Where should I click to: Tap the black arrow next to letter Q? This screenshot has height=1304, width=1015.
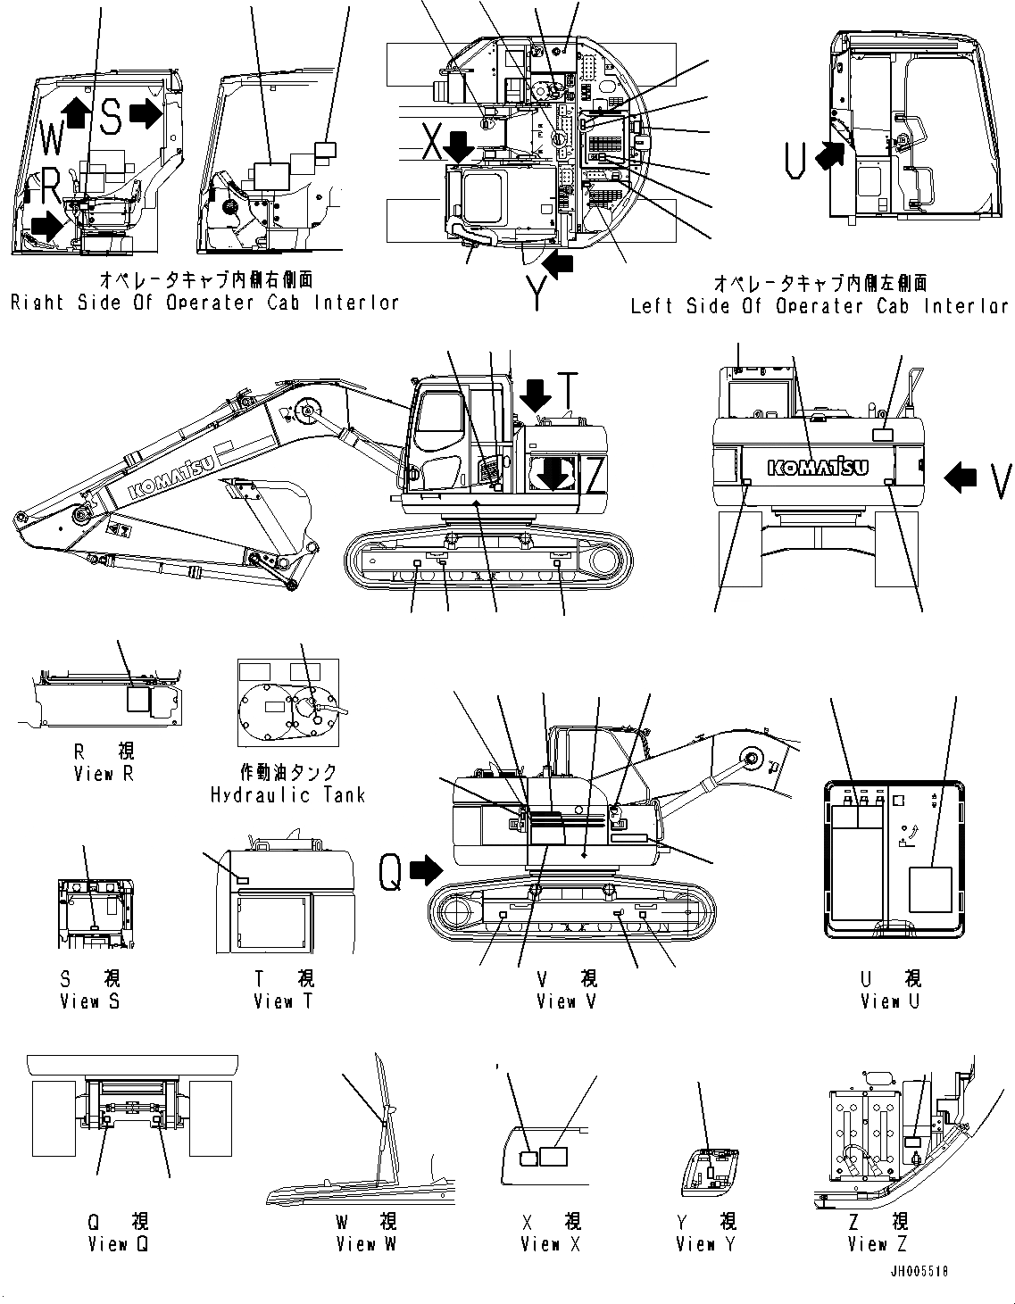pos(426,872)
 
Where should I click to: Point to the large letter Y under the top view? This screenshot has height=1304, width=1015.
pos(537,294)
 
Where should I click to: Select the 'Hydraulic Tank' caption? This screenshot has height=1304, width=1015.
pos(287,794)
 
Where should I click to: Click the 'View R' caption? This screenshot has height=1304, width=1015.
pos(104,774)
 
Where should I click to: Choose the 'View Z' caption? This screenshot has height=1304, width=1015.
pos(878,1243)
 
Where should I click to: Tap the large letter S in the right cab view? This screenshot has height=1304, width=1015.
pos(110,117)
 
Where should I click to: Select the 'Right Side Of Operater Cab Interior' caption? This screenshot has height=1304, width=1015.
pos(204,303)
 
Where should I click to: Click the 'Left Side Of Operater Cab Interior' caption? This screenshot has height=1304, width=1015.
pos(819,306)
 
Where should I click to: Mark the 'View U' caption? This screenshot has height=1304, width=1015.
pos(889,1001)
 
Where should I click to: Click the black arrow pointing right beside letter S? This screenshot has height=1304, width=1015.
pos(145,113)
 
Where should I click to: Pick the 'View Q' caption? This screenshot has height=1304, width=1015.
pos(118,1243)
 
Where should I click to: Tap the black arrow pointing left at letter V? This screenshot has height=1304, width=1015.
pos(961,478)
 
